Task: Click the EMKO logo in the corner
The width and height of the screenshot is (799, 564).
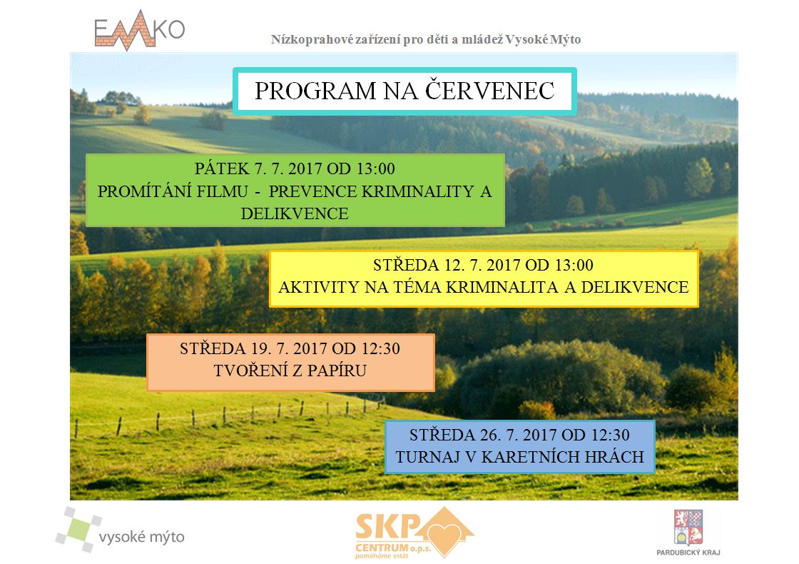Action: point(140,31)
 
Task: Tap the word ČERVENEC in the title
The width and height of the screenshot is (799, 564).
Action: point(489,91)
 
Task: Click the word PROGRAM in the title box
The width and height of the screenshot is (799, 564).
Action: point(315,91)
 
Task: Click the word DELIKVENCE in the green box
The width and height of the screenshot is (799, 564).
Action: point(295,213)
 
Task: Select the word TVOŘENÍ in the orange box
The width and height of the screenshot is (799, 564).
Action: point(249,371)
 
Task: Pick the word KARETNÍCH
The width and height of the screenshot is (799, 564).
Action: point(529,456)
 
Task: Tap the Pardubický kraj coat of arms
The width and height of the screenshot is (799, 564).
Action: point(688,528)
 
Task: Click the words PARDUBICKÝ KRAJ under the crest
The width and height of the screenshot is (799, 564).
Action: point(688,553)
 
